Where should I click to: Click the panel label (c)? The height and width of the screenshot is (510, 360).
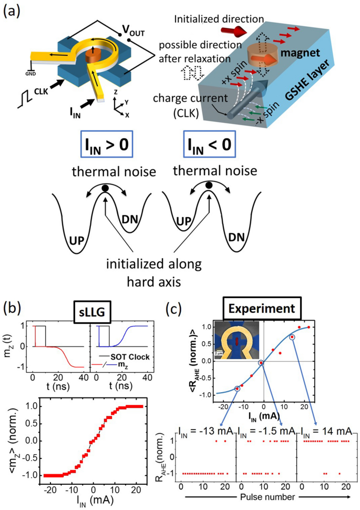(x=177, y=307)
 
